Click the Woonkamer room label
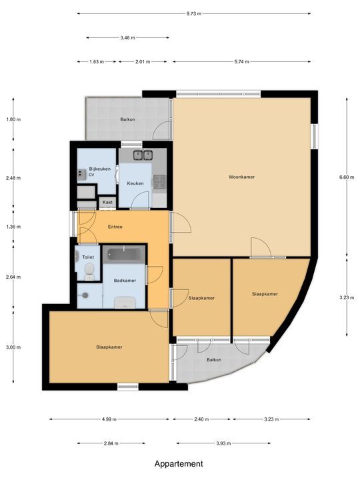pos(241,177)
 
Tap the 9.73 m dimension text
pos(194,14)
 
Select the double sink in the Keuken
pos(143,155)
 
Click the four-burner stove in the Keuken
pos(159,181)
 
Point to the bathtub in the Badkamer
pos(124,255)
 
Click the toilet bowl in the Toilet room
pos(89,269)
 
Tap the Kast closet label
pos(107,202)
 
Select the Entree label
pos(115,227)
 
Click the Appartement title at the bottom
pos(179,464)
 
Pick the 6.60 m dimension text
pos(347,177)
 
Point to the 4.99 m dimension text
pos(109,419)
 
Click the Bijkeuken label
pos(100,169)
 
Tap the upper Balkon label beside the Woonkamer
pos(127,119)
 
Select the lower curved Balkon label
pos(214,360)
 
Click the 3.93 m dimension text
pos(223,443)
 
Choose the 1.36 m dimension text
pos(13,227)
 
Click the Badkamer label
pos(125,281)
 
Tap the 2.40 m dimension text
pos(201,419)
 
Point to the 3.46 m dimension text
pos(127,37)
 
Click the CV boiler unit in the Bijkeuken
pos(81,174)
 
